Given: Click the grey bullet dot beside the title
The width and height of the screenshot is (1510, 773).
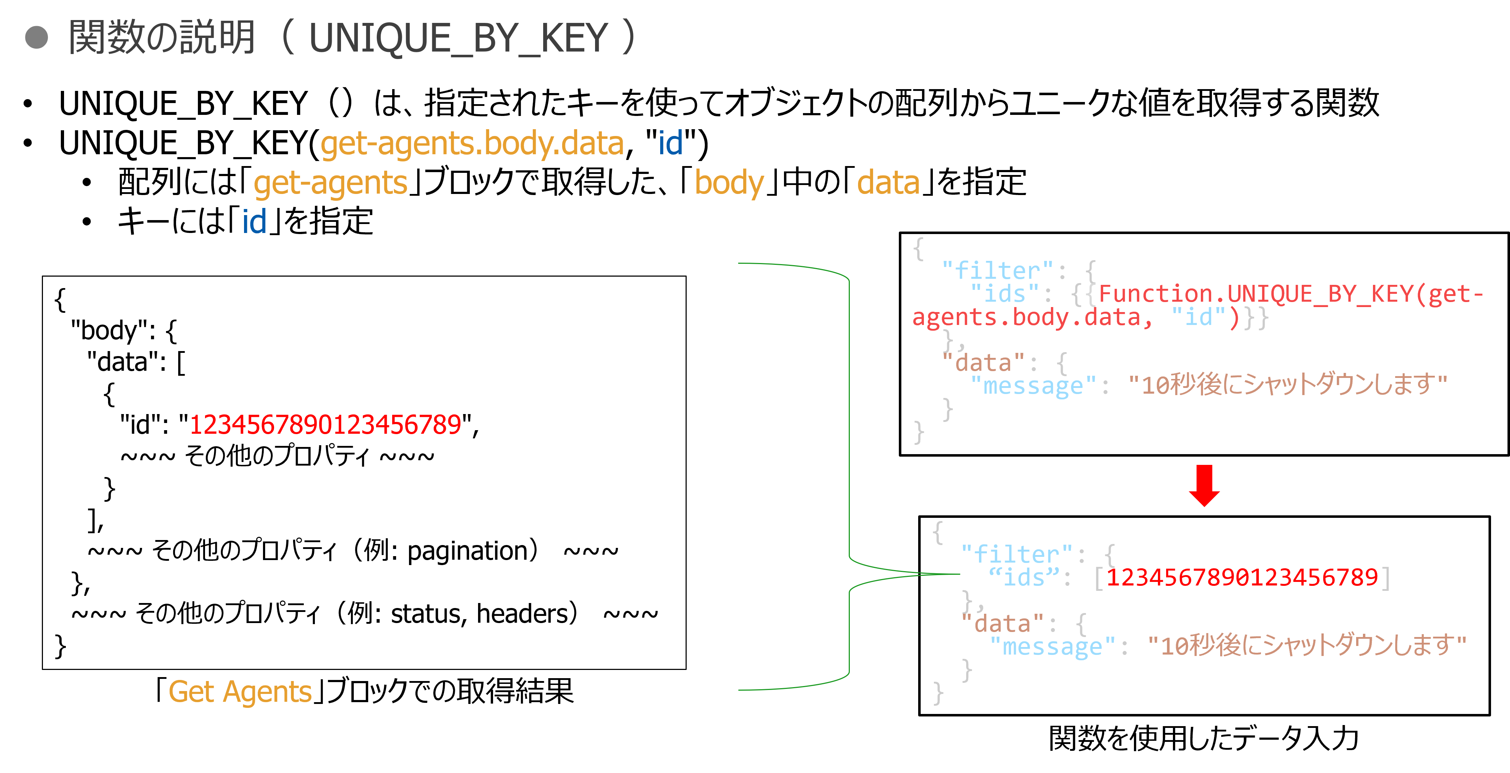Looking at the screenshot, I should (x=36, y=38).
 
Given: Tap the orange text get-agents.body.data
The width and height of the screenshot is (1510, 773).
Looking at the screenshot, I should (x=472, y=144).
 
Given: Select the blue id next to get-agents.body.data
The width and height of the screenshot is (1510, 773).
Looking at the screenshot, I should (x=670, y=144).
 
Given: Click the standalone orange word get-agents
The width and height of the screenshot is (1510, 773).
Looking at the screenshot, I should (x=330, y=184).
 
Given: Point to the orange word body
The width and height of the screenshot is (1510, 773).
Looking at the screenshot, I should (x=729, y=184).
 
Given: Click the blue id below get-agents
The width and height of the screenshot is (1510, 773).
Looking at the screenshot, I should (x=254, y=222).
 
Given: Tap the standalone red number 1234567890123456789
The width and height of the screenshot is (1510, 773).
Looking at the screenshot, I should (x=325, y=425).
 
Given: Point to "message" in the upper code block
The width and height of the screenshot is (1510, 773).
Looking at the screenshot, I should (x=1033, y=386).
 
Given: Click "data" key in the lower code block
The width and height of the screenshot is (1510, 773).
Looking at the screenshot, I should (x=1002, y=623).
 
